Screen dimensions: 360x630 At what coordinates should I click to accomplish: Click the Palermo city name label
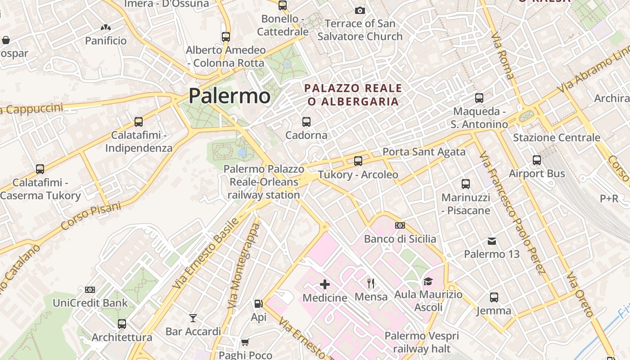tap(229, 96)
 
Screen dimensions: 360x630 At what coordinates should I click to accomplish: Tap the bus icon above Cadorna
tap(306, 121)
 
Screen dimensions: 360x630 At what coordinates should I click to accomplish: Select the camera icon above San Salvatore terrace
tap(360, 10)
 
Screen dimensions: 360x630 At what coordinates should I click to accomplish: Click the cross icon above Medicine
tap(325, 284)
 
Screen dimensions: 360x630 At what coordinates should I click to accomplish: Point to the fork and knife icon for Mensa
tap(371, 283)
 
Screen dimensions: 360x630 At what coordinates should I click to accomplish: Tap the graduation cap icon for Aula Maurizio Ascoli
tap(427, 282)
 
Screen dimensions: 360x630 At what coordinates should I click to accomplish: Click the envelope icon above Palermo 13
tap(492, 241)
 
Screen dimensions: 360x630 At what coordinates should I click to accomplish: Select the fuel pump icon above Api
tap(258, 304)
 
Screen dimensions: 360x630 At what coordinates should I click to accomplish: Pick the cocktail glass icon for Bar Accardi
tap(193, 319)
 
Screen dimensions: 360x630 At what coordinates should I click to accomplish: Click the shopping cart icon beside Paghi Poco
tap(245, 342)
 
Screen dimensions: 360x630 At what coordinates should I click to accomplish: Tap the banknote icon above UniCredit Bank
tap(90, 290)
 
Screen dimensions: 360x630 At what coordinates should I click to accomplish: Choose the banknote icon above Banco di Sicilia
tap(400, 225)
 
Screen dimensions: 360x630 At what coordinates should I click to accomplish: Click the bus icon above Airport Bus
tap(536, 160)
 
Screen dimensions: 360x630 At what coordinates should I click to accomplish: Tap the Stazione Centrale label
tap(556, 138)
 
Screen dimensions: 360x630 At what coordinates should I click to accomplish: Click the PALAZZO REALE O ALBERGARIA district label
tap(353, 94)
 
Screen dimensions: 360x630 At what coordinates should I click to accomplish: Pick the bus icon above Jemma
tap(494, 297)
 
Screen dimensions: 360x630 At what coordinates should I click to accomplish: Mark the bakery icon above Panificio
tap(106, 28)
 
